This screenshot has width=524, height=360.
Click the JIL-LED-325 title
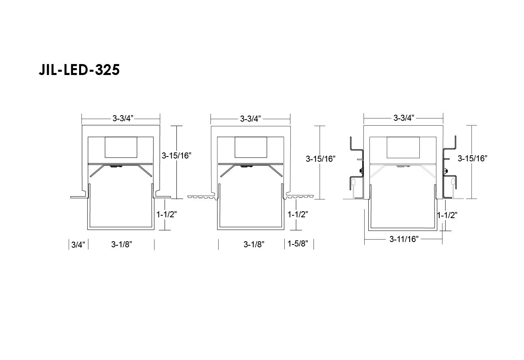click(79, 70)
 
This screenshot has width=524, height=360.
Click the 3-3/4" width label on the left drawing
click(123, 118)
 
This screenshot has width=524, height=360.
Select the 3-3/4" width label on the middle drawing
click(250, 119)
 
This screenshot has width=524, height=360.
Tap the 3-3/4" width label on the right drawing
click(404, 118)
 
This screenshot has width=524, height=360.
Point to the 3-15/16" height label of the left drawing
click(176, 156)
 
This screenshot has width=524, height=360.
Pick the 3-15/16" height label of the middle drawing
click(321, 159)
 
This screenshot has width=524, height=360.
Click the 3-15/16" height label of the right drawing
click(472, 159)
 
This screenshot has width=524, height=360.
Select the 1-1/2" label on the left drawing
click(167, 214)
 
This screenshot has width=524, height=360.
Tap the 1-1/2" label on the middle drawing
click(298, 214)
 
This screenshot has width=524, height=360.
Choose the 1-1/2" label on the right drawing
click(447, 215)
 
